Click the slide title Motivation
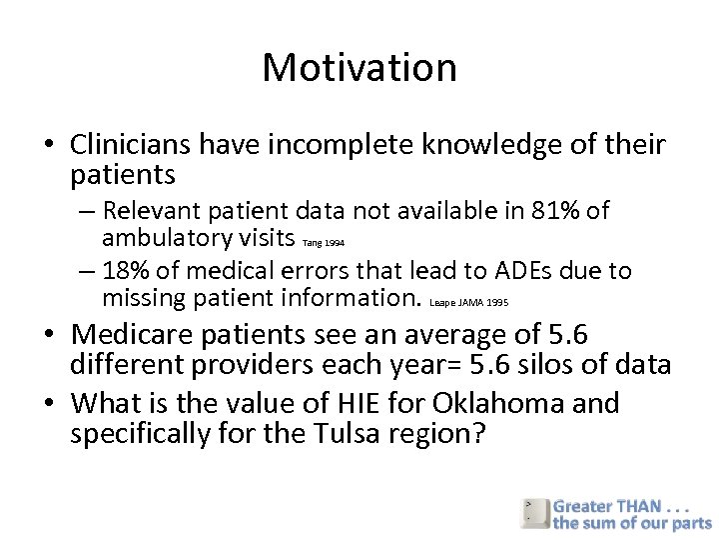(359, 67)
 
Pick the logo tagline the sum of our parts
(632, 522)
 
